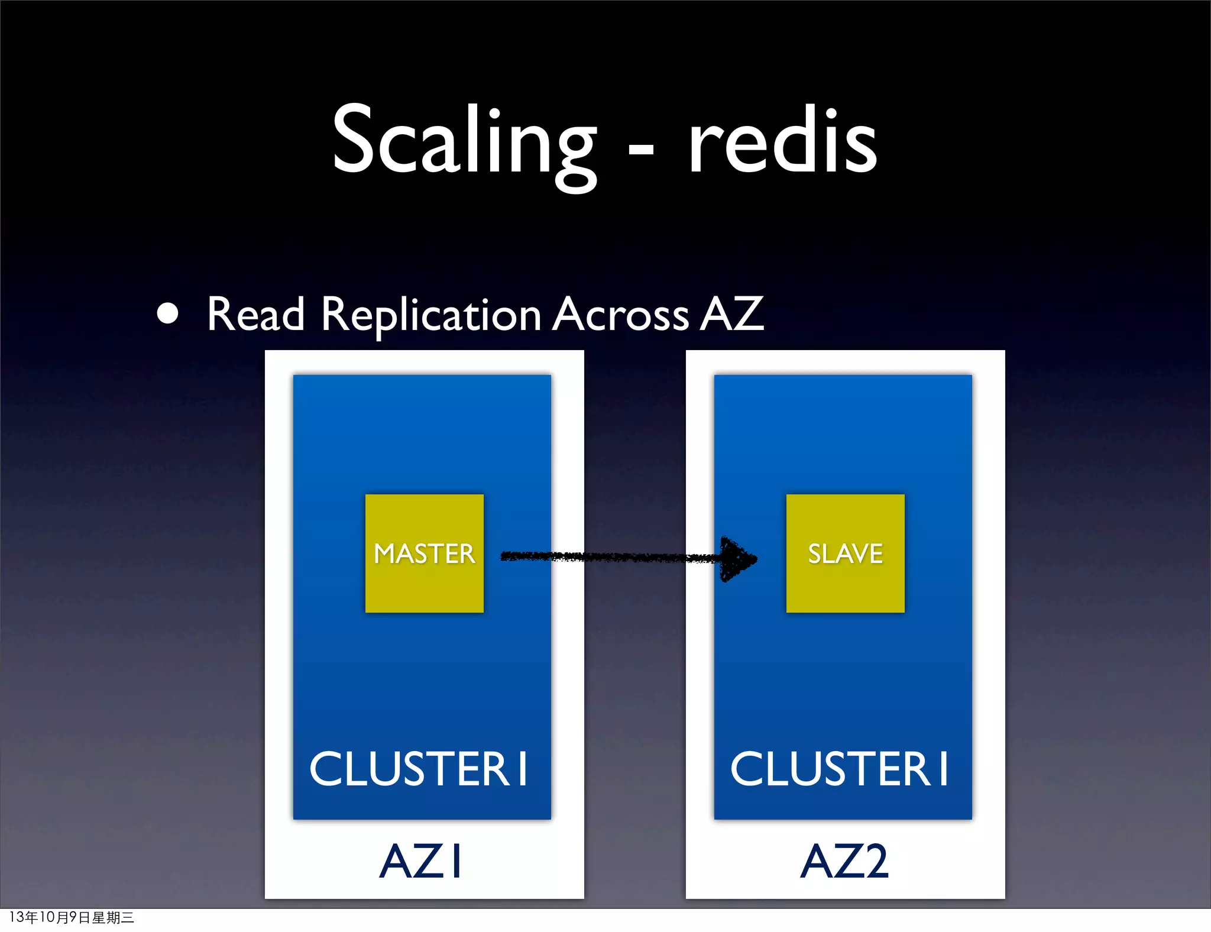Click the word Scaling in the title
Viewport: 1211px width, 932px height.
click(x=464, y=142)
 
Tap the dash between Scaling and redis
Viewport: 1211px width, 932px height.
click(x=641, y=152)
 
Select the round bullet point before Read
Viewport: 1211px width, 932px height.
click(x=168, y=314)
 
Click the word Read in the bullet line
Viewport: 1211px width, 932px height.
click(x=255, y=314)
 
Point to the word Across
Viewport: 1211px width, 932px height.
click(x=621, y=314)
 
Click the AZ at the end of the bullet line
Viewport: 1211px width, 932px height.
click(x=732, y=314)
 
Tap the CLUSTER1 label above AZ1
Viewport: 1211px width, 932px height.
click(x=418, y=769)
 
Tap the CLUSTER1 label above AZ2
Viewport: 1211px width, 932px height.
click(x=839, y=769)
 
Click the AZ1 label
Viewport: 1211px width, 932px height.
click(x=420, y=861)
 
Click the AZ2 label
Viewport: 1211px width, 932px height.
click(x=844, y=861)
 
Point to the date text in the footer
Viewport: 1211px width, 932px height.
click(x=72, y=917)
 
